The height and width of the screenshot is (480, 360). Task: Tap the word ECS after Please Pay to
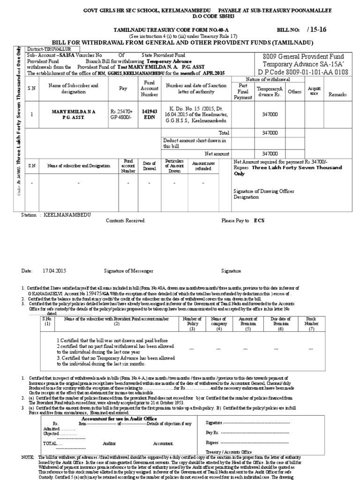coord(259,220)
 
